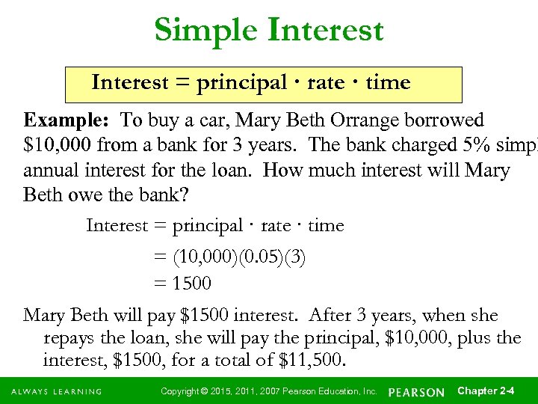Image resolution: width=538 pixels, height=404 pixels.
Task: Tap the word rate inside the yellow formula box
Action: coord(325,83)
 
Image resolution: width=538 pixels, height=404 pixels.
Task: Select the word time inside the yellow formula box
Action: coord(388,83)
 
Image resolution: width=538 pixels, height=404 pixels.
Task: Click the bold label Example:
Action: coord(67,120)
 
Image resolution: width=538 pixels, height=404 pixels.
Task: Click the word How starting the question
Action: coord(315,171)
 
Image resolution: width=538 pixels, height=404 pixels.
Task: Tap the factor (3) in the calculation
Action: coord(292,258)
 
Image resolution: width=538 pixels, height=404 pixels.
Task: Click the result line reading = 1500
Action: coord(182,284)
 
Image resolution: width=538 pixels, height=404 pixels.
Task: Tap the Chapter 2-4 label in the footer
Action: coord(485,391)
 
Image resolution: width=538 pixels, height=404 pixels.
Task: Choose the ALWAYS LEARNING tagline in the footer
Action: coord(56,392)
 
